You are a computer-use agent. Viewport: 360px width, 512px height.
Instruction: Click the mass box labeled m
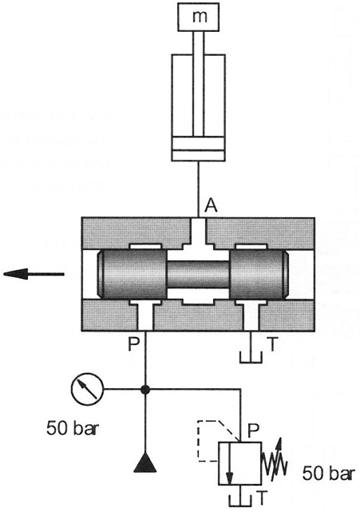198,17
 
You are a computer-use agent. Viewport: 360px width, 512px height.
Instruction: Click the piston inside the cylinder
198,149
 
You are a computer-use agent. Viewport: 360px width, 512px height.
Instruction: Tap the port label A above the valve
211,206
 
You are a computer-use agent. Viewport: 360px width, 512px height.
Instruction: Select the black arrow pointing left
34,274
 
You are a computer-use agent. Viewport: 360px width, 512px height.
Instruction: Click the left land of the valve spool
132,274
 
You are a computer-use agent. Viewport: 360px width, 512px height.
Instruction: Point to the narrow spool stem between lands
199,274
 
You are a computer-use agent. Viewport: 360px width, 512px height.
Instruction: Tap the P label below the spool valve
134,343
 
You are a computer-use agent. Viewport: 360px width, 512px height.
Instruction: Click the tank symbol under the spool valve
251,358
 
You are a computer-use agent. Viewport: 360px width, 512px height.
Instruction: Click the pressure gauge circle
87,388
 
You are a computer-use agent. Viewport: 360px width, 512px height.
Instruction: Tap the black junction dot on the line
145,389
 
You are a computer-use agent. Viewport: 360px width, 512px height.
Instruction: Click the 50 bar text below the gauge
73,428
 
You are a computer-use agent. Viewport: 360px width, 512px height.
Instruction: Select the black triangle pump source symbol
145,463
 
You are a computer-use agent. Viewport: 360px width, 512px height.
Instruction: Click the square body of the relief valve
240,463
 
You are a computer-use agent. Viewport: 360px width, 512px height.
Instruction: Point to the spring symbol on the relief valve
275,459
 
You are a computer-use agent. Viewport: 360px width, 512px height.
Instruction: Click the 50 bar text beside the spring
328,473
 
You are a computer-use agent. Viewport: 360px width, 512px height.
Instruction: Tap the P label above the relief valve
254,431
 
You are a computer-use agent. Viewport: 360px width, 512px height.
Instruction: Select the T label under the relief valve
262,498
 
